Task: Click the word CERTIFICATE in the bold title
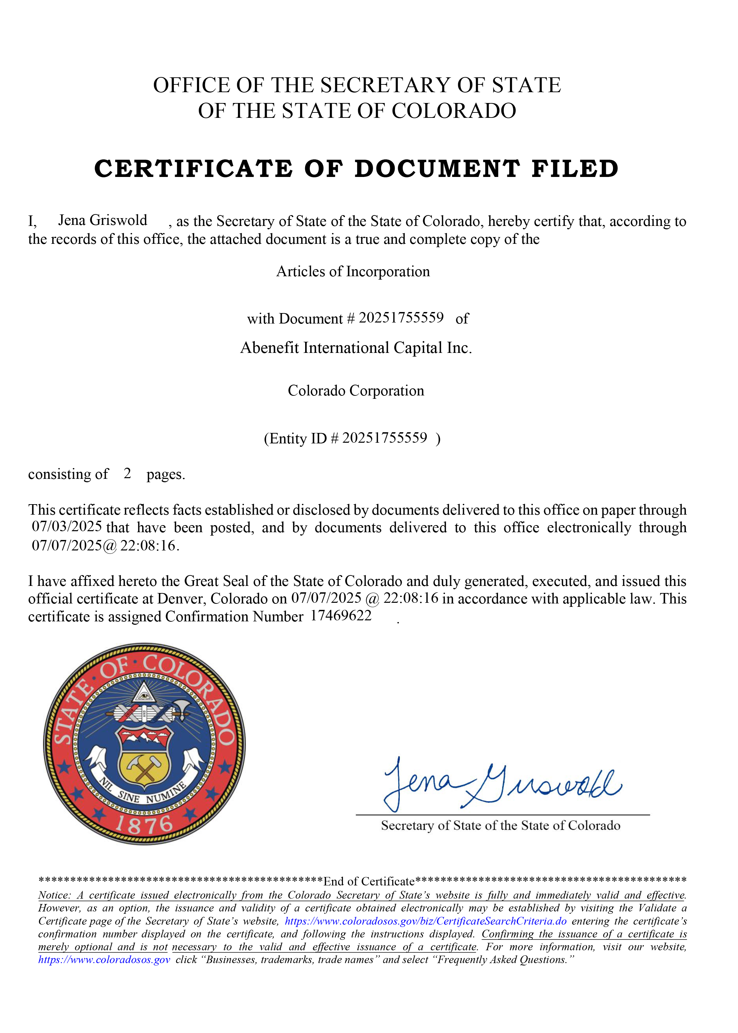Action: [x=193, y=169]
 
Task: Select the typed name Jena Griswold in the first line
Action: [x=102, y=220]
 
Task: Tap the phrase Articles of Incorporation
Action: [x=353, y=272]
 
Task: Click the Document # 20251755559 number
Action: [x=401, y=318]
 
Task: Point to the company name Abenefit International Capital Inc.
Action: [x=356, y=348]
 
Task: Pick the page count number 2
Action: [x=127, y=473]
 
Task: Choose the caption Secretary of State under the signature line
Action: [x=500, y=826]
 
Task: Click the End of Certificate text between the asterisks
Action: [x=369, y=881]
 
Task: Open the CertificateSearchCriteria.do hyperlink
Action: [x=425, y=921]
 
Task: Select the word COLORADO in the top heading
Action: [x=453, y=111]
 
